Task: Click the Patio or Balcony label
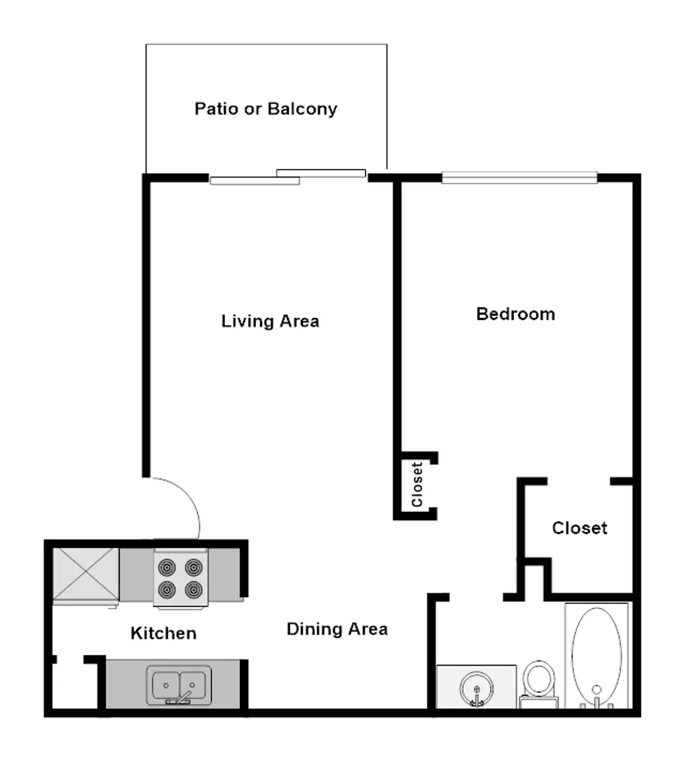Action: tap(265, 109)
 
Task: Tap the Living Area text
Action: tap(270, 322)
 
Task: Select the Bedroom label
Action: tap(516, 314)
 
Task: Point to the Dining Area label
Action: tap(337, 630)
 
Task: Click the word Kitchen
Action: tap(163, 633)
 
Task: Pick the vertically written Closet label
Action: tap(417, 484)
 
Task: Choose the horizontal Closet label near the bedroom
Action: tap(579, 528)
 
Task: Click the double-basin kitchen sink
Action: tap(179, 685)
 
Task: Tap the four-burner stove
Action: tap(180, 578)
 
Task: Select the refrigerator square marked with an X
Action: tap(85, 574)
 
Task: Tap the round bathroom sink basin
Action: tap(477, 689)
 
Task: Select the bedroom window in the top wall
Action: tap(519, 178)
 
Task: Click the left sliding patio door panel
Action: tap(255, 180)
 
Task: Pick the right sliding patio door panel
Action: tap(321, 173)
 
